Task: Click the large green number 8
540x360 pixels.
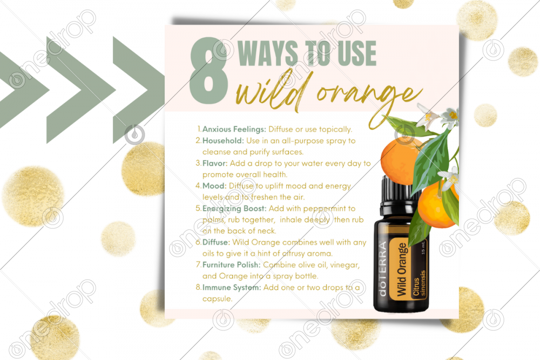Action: [x=208, y=70]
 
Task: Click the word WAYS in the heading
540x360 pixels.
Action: [x=268, y=53]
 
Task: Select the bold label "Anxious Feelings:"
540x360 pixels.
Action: [x=234, y=130]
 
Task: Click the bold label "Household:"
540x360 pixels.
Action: [x=223, y=141]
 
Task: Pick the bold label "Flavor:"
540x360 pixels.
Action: [x=215, y=163]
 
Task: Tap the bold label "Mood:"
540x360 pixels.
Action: [x=214, y=186]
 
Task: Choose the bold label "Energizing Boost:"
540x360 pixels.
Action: [x=234, y=208]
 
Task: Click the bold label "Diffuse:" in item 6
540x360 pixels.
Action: [x=217, y=242]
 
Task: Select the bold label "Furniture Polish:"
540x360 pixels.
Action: [x=232, y=264]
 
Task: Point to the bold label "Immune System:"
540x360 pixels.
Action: [x=232, y=287]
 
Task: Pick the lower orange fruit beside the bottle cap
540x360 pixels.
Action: [x=437, y=205]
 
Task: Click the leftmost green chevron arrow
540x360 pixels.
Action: [x=21, y=90]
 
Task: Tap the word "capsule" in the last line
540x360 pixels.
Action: [x=217, y=299]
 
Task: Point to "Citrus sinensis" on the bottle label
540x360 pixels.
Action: [x=420, y=283]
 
